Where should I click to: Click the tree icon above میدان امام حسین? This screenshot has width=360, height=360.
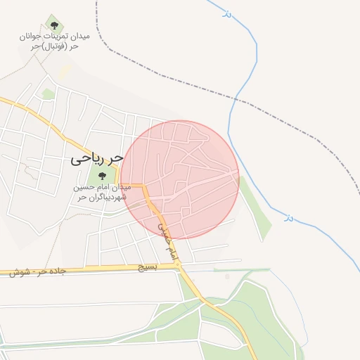pyautogui.click(x=102, y=176)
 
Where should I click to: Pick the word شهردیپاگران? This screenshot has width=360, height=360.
pyautogui.click(x=108, y=198)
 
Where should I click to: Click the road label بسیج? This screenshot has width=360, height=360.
pyautogui.click(x=147, y=267)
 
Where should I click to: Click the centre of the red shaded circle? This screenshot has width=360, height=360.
pyautogui.click(x=179, y=180)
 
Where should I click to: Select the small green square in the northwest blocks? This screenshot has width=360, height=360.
pyautogui.click(x=48, y=94)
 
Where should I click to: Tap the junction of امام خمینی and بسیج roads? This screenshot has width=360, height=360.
pyautogui.click(x=180, y=266)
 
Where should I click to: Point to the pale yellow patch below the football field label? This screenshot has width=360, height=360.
pyautogui.click(x=65, y=71)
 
